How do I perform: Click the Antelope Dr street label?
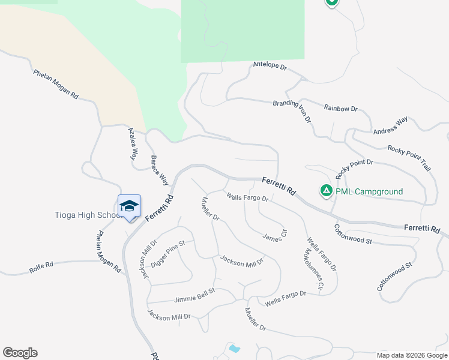click(270, 65)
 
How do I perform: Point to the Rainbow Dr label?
click(340, 109)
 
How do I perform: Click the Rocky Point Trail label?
click(409, 158)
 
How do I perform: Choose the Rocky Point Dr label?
click(354, 169)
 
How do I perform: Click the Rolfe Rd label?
click(41, 268)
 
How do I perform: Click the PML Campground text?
click(369, 192)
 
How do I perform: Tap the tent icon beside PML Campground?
click(326, 191)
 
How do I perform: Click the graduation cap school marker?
click(129, 206)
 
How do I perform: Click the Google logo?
click(20, 353)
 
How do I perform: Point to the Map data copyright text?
click(411, 355)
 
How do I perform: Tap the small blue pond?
click(234, 348)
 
